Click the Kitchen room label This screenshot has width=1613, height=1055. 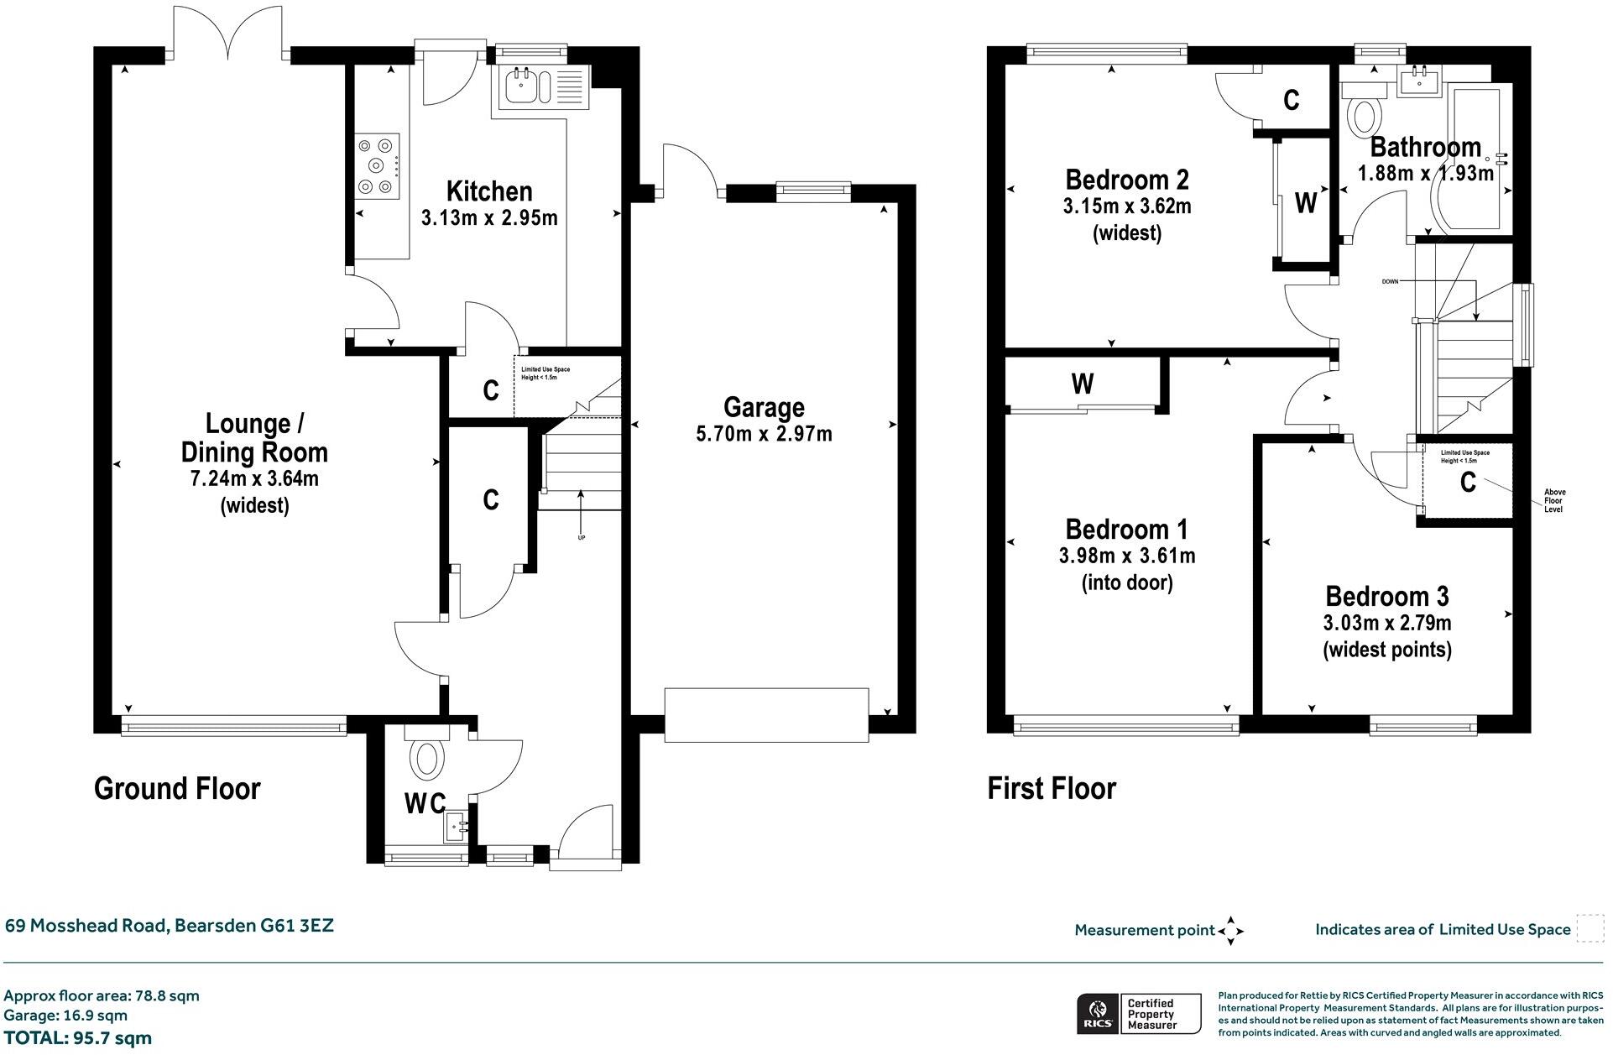(x=488, y=191)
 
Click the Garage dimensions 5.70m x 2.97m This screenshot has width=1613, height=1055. (x=764, y=435)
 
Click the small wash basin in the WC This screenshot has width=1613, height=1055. (x=457, y=827)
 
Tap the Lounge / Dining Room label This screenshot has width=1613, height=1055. (x=254, y=437)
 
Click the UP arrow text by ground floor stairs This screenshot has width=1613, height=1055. (x=581, y=537)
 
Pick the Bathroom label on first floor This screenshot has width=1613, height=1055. (x=1425, y=147)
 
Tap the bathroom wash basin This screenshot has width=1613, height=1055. (x=1419, y=82)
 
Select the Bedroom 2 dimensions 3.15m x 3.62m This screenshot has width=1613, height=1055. (x=1126, y=206)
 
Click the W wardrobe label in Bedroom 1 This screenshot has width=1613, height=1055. (x=1082, y=384)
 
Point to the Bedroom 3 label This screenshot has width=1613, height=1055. (x=1386, y=597)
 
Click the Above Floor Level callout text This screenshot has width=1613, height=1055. (x=1554, y=501)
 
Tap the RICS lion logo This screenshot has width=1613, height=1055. (x=1095, y=1013)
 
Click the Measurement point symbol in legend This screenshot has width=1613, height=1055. (x=1230, y=931)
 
